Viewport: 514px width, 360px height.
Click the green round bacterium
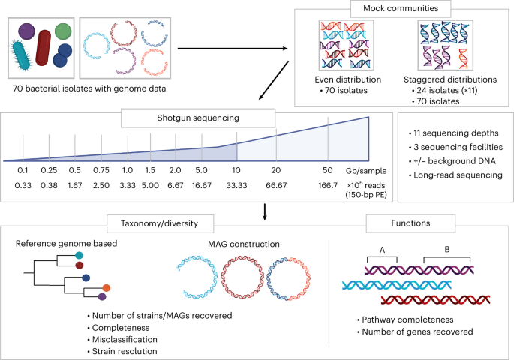(64, 32)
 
